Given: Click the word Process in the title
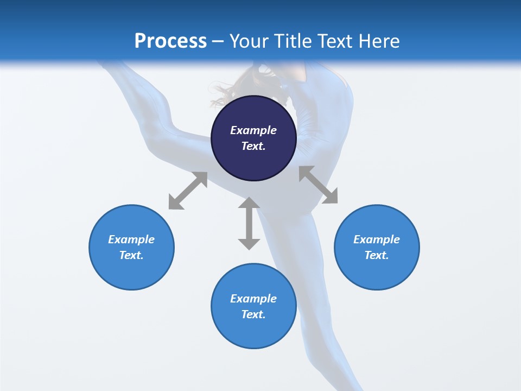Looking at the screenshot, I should click(170, 41).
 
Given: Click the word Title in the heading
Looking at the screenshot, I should click(291, 41).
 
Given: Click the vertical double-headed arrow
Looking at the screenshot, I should click(249, 223).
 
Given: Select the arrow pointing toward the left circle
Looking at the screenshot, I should click(188, 191).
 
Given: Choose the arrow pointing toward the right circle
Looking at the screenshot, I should click(319, 185).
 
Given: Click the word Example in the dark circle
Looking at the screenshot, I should click(253, 130).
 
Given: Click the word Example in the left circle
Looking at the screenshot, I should click(131, 239).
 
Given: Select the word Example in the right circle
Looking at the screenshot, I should click(377, 239).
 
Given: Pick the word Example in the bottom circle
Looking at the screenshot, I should click(253, 299).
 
